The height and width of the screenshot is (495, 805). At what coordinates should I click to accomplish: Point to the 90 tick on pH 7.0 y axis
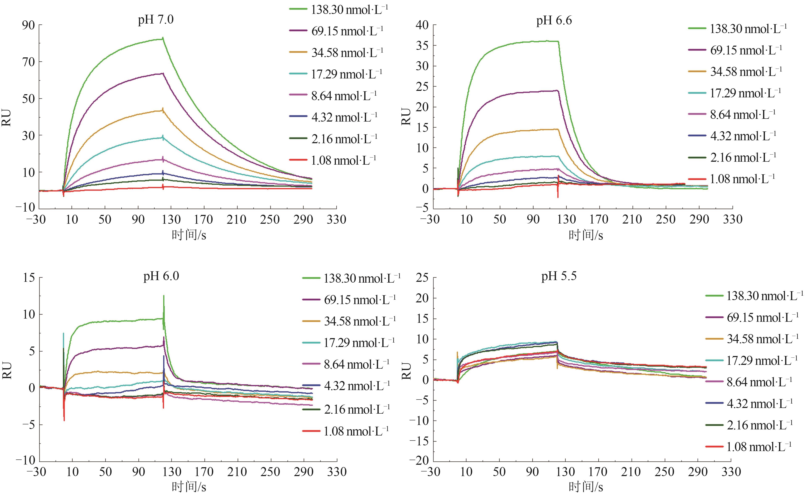click(x=28, y=25)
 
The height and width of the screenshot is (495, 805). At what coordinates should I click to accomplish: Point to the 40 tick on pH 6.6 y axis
click(x=422, y=25)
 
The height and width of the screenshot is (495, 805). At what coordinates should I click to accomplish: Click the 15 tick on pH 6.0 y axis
click(x=28, y=278)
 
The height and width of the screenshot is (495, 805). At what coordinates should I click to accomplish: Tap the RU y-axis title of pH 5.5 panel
click(x=406, y=371)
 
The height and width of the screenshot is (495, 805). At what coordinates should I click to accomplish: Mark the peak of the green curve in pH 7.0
click(x=163, y=39)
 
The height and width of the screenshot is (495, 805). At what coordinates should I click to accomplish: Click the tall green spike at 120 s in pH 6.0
click(x=163, y=296)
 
